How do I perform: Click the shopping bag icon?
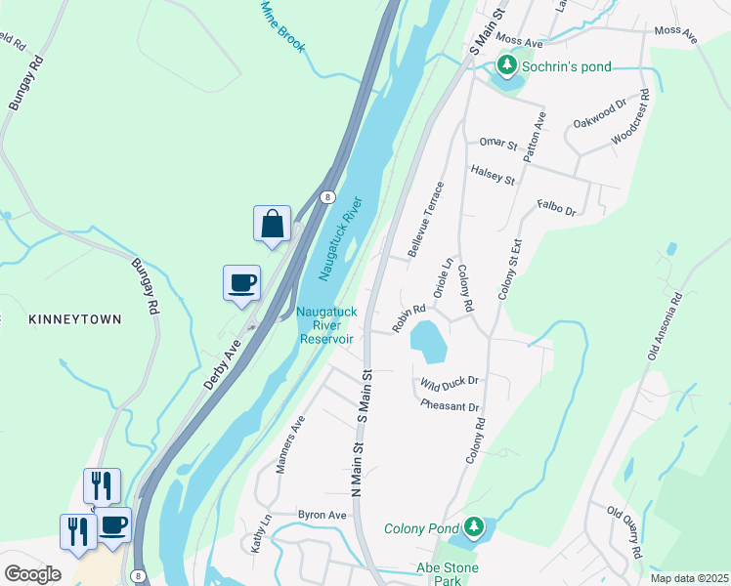273,223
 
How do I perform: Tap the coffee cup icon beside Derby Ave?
241,283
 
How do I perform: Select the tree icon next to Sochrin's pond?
506,65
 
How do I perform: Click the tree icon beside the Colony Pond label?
474,528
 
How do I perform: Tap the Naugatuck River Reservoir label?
324,325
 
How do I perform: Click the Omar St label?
497,145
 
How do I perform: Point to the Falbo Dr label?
557,208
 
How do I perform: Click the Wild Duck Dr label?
450,382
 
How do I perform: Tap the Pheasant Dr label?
450,405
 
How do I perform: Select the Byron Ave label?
322,515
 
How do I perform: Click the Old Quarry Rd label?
624,531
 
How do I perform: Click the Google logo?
32,574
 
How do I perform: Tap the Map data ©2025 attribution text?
689,578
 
